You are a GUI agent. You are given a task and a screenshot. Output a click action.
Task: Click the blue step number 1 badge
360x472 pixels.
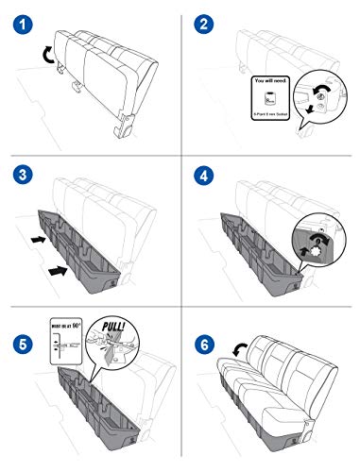pyautogui.click(x=19, y=20)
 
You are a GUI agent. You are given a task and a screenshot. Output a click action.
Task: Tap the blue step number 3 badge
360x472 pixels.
pyautogui.click(x=19, y=177)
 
